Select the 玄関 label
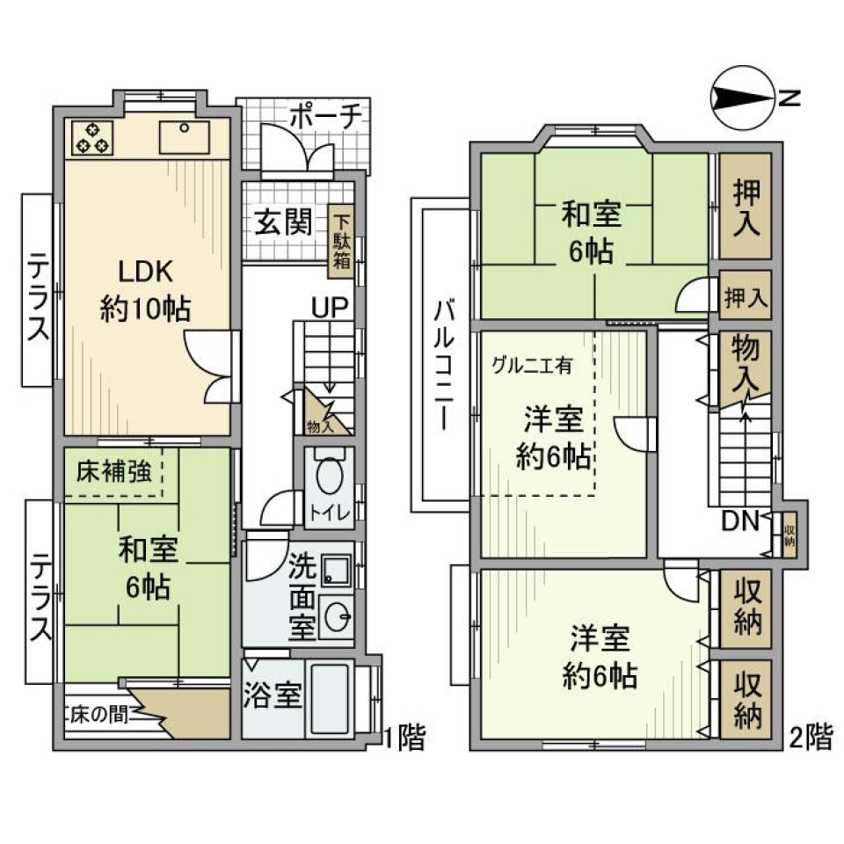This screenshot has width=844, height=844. [x=284, y=222]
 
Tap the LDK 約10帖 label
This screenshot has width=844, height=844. [x=146, y=290]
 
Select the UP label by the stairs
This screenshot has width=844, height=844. [x=331, y=307]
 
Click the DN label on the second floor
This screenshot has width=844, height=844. [x=740, y=521]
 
